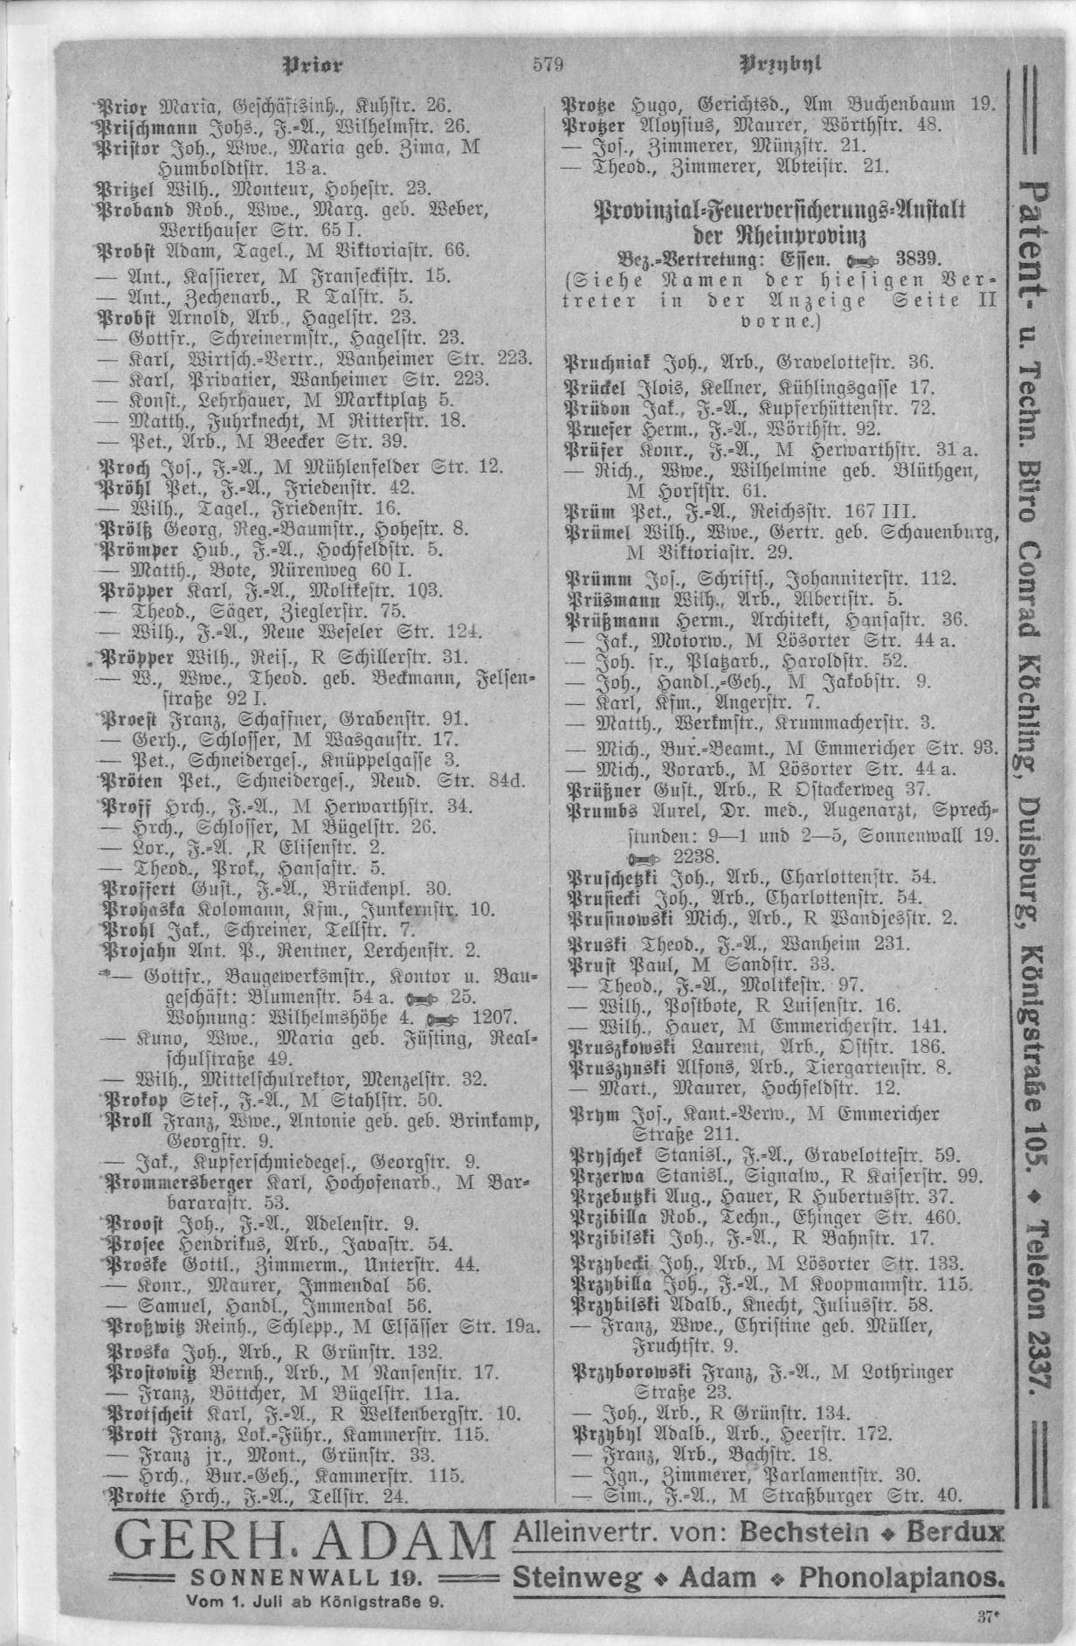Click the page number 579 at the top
click(548, 64)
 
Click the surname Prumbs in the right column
click(597, 811)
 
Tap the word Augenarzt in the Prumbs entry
click(878, 811)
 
